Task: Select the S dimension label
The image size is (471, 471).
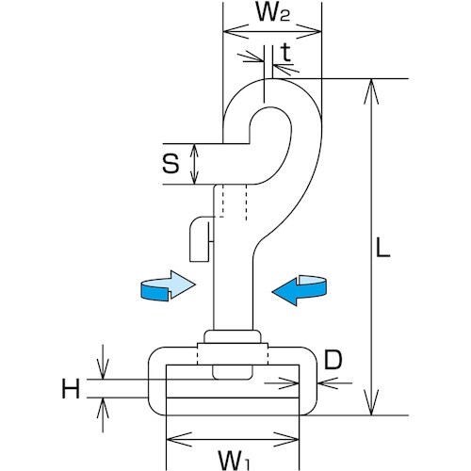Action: (x=170, y=164)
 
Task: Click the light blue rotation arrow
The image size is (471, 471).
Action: (x=166, y=285)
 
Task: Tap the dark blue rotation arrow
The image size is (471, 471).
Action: (x=299, y=288)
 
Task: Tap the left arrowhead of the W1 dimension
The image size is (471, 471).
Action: (x=173, y=439)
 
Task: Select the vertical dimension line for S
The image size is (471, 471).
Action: (x=195, y=164)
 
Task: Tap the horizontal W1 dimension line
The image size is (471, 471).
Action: (x=232, y=439)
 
